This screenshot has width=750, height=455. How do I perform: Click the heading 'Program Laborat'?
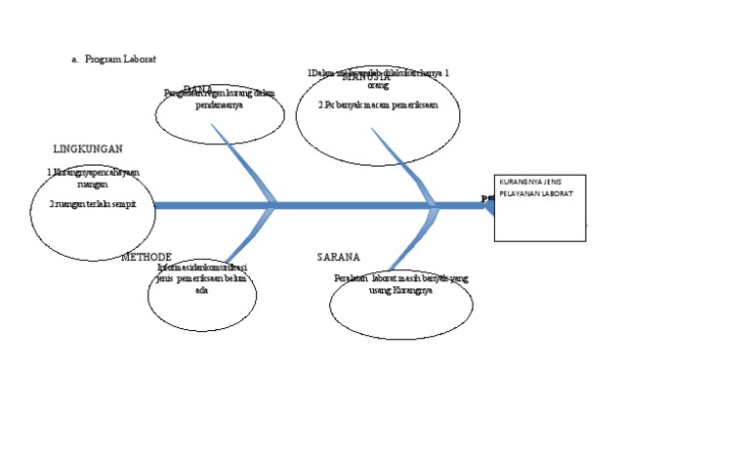pyautogui.click(x=120, y=59)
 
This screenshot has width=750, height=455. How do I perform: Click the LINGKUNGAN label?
pyautogui.click(x=87, y=149)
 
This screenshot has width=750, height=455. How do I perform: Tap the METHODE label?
pyautogui.click(x=146, y=257)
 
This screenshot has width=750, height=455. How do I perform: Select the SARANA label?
pyautogui.click(x=338, y=257)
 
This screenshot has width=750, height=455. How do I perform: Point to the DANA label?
pyautogui.click(x=198, y=89)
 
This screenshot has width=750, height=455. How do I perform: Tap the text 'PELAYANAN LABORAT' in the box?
pyautogui.click(x=536, y=193)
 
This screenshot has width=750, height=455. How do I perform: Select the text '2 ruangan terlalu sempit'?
pyautogui.click(x=93, y=204)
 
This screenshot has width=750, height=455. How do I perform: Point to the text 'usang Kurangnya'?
pyautogui.click(x=400, y=290)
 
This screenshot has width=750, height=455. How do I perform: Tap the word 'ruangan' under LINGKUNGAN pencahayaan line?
pyautogui.click(x=93, y=183)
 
